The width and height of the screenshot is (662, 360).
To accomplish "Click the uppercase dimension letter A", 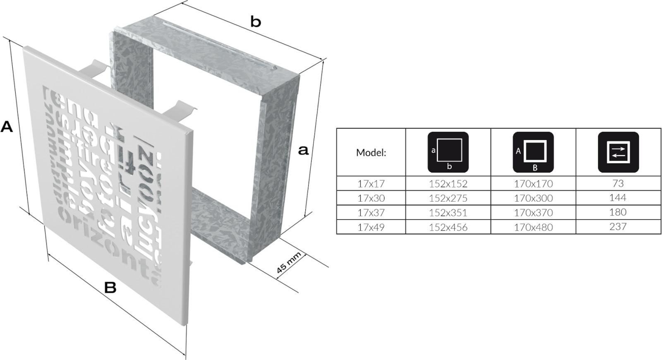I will pos(7,127).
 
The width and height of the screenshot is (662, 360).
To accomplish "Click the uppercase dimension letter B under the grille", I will pos(110,287).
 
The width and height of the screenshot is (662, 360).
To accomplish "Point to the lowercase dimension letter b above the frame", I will pos(256,22).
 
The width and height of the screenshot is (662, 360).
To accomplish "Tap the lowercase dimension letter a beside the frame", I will pos(303,150).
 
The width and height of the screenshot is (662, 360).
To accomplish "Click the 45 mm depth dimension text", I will pos(288,263).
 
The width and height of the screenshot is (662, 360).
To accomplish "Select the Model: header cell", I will pos(371,153).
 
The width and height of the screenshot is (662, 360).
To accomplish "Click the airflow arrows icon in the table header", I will pos(618,152).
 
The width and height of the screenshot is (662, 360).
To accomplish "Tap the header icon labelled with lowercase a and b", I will pos(448,152).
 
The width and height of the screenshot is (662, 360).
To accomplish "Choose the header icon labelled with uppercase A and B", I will pos(533,152).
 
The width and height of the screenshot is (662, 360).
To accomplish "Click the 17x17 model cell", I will pos(371,183).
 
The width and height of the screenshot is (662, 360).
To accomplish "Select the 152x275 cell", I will pos(448,198).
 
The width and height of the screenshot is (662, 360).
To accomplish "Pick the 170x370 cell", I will pos(533,213).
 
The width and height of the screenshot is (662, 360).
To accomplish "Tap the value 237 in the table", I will pos(618,227).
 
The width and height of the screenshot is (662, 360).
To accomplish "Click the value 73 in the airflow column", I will pos(618,183).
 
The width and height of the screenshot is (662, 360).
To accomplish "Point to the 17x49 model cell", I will pos(371,227).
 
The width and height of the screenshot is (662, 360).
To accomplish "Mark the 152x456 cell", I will pos(448,227).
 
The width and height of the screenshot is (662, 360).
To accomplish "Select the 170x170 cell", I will pos(533,183).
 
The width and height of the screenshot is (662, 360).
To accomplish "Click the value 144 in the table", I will pos(618,198).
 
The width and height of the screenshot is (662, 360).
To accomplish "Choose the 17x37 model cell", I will pos(371,213).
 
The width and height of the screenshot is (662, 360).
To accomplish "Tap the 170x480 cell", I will pos(533,227).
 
